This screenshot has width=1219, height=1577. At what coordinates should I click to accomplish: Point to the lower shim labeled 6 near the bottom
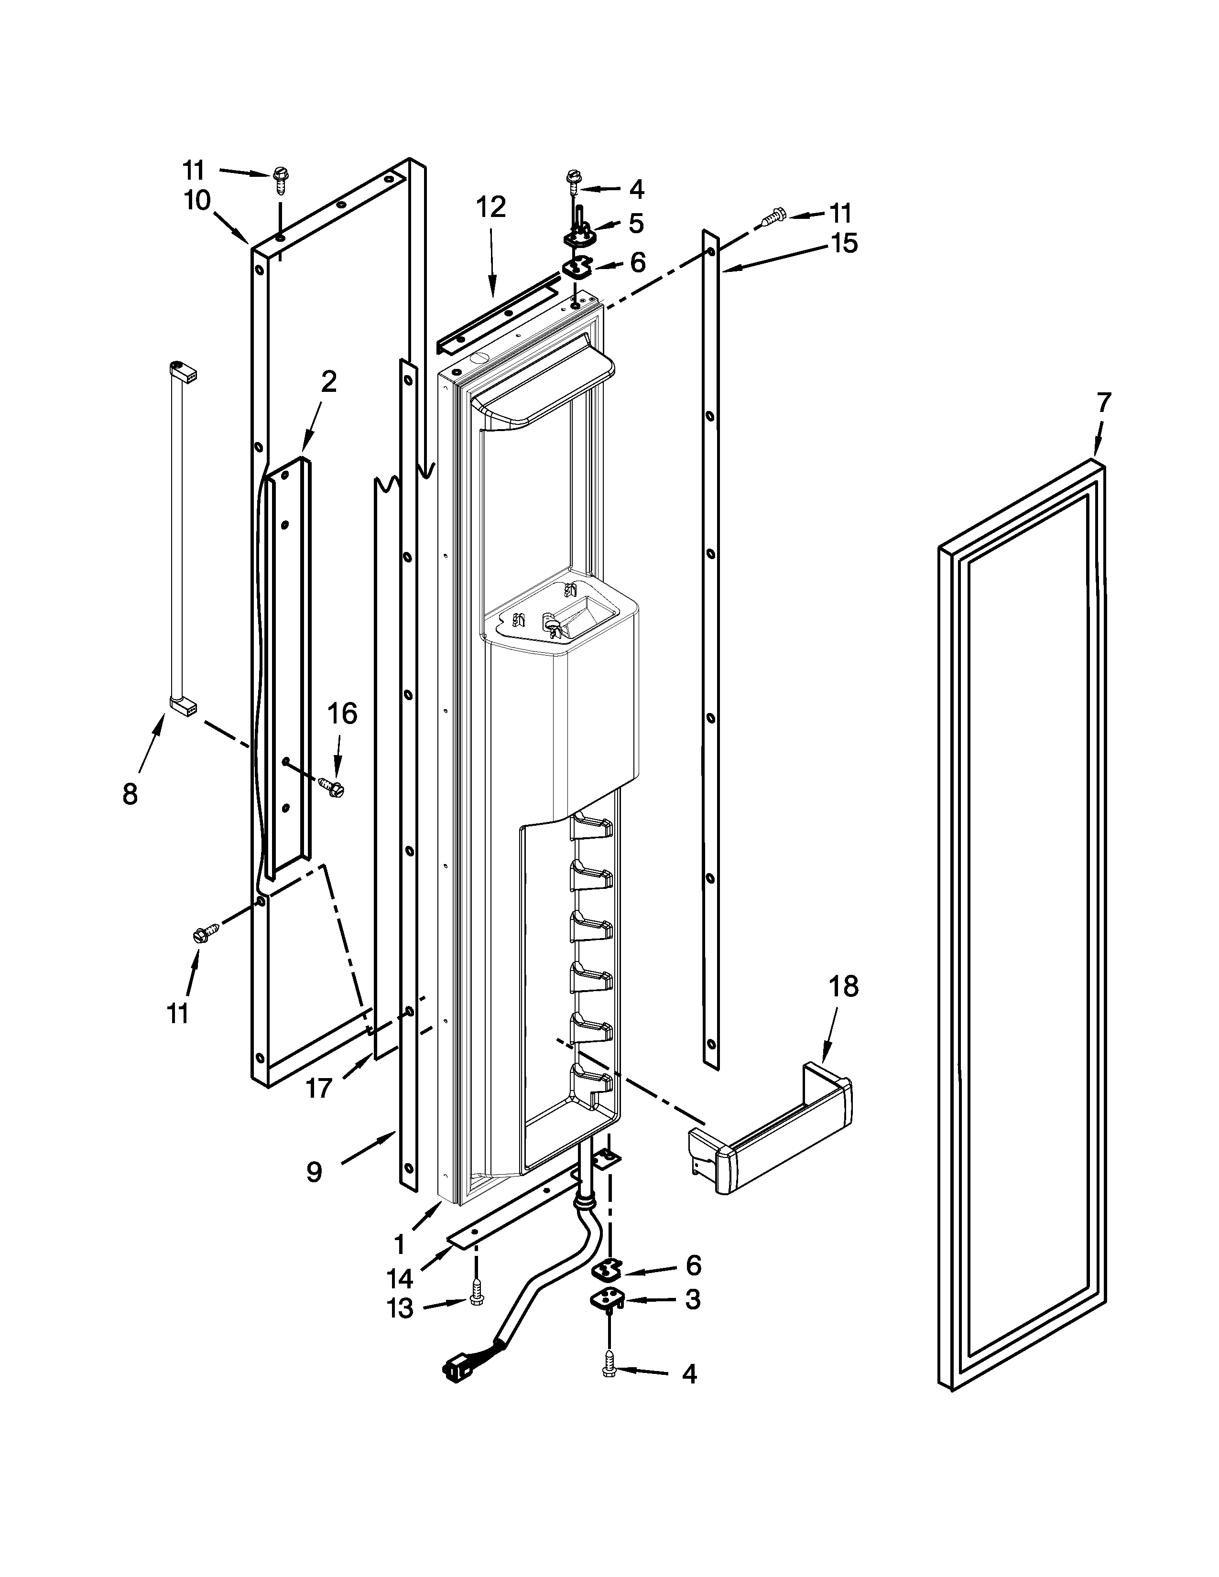pos(607,1269)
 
